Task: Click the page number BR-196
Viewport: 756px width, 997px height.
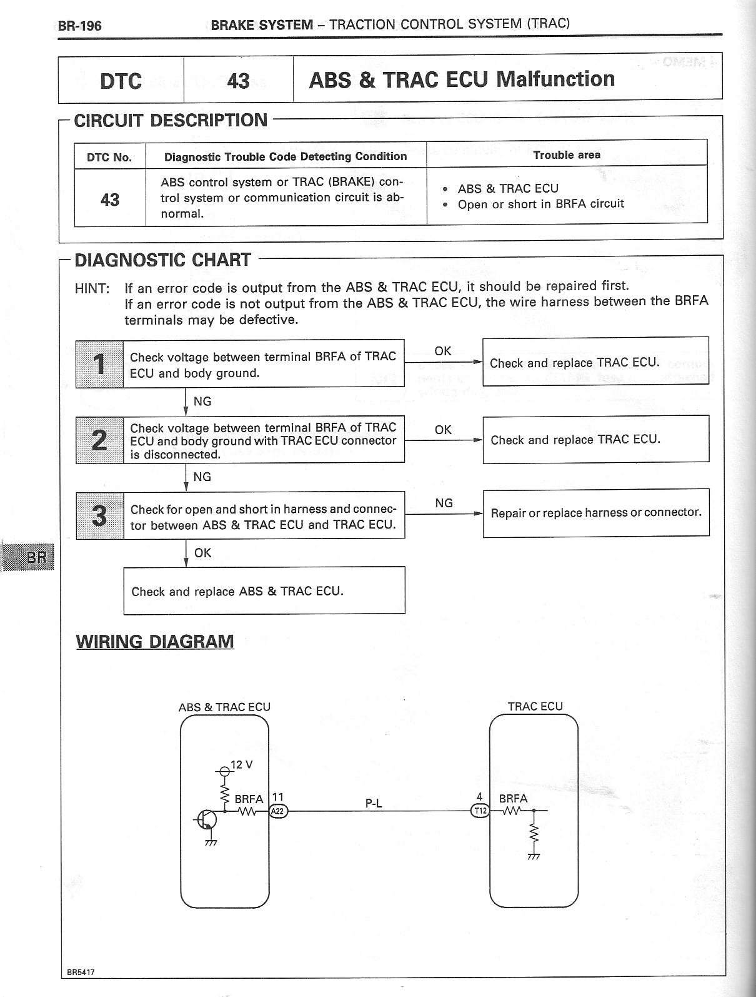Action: pyautogui.click(x=79, y=26)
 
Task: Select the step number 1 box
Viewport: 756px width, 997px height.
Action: pyautogui.click(x=99, y=364)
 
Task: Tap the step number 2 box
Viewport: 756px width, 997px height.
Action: pyautogui.click(x=99, y=440)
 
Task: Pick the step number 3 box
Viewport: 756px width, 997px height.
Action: pyautogui.click(x=99, y=515)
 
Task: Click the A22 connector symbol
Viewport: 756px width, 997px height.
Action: pyautogui.click(x=278, y=811)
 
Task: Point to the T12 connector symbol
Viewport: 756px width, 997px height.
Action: pyautogui.click(x=480, y=811)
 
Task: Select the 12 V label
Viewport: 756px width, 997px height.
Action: pyautogui.click(x=241, y=765)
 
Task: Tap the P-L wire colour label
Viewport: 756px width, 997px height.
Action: pyautogui.click(x=374, y=803)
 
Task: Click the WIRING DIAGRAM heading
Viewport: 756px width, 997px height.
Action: pyautogui.click(x=155, y=642)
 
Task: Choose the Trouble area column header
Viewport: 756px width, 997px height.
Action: pyautogui.click(x=567, y=154)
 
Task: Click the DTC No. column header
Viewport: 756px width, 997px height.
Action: pyautogui.click(x=109, y=157)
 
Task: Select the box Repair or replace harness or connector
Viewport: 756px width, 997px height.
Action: pyautogui.click(x=596, y=513)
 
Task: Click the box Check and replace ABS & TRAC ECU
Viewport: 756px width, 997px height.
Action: pyautogui.click(x=264, y=591)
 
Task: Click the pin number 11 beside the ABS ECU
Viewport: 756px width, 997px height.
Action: pyautogui.click(x=278, y=797)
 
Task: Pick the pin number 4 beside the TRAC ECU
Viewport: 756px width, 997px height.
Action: pyautogui.click(x=479, y=797)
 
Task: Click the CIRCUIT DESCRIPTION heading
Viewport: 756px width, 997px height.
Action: pyautogui.click(x=171, y=120)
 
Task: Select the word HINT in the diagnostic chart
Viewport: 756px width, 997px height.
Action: pyautogui.click(x=92, y=288)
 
